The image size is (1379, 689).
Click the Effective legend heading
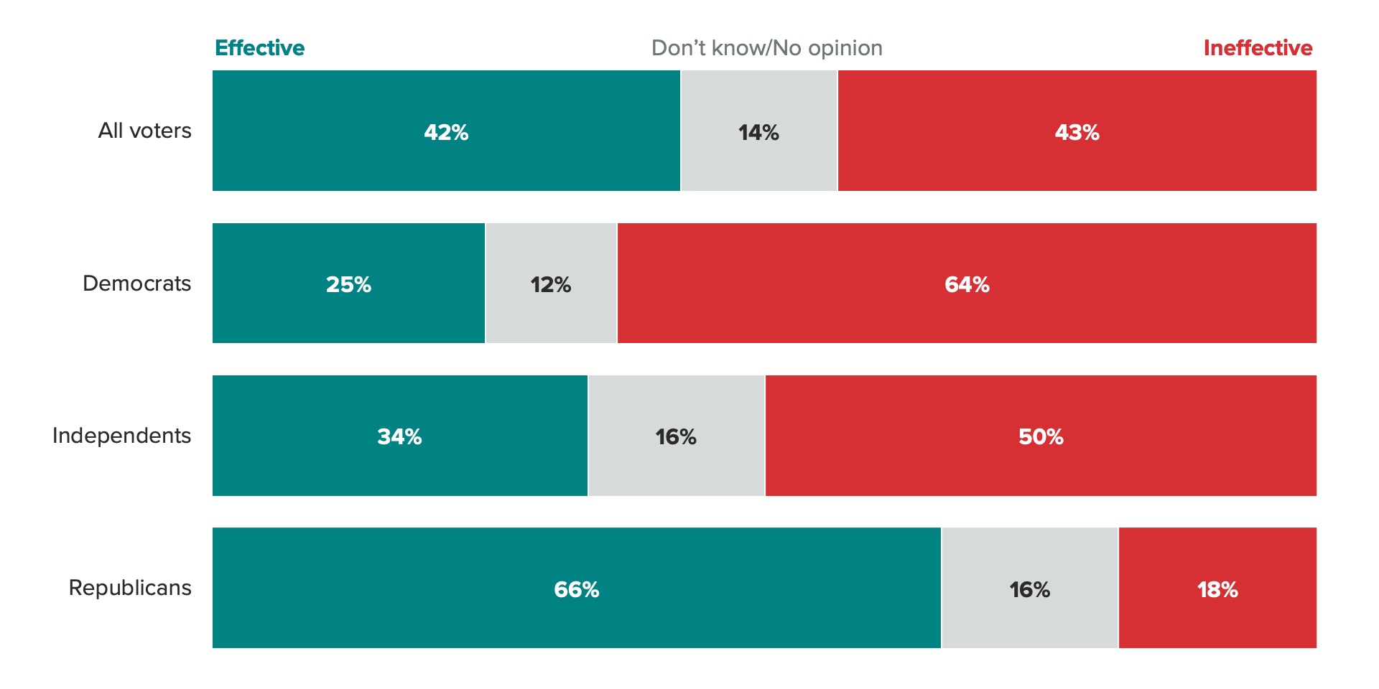(x=259, y=48)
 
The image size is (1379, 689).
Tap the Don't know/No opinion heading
(x=766, y=48)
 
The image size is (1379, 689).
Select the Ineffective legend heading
(x=1258, y=48)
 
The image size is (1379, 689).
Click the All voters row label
(x=144, y=131)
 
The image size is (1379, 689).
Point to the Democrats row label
(x=136, y=283)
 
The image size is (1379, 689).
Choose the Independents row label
(x=121, y=436)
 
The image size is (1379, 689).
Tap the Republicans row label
(x=130, y=588)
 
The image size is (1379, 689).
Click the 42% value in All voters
(x=446, y=132)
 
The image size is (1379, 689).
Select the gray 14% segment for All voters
(x=758, y=132)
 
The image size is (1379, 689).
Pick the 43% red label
(x=1077, y=132)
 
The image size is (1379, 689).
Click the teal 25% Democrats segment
(x=348, y=284)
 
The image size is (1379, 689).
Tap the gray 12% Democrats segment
(x=551, y=284)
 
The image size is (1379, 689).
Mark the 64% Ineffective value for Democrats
(x=967, y=284)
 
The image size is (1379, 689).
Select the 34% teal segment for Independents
(x=399, y=436)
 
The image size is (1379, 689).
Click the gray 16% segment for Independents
(x=676, y=436)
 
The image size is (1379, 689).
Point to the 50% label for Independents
(x=1041, y=436)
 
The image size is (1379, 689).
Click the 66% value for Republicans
(x=576, y=589)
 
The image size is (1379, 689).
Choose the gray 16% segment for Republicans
(x=1029, y=589)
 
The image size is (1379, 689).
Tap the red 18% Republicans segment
(x=1217, y=589)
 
